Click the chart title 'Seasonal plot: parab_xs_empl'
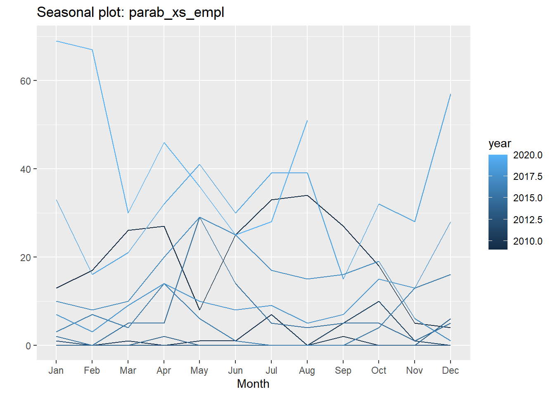[130, 12]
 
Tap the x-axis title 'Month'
[253, 384]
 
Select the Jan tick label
[56, 370]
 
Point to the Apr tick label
[164, 370]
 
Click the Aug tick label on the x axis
[307, 370]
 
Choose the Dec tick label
[450, 370]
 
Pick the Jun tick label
[235, 370]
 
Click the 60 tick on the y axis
[26, 81]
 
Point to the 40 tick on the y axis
[26, 169]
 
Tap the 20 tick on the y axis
[26, 257]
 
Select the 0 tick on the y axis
[28, 346]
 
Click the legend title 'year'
[500, 144]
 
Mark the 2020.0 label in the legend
[527, 155]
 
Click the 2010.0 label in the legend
[527, 241]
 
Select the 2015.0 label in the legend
[527, 198]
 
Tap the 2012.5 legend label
[527, 220]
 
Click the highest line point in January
[56, 41]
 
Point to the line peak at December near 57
[450, 94]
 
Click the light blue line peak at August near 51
[307, 120]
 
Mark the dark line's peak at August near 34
[307, 196]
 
